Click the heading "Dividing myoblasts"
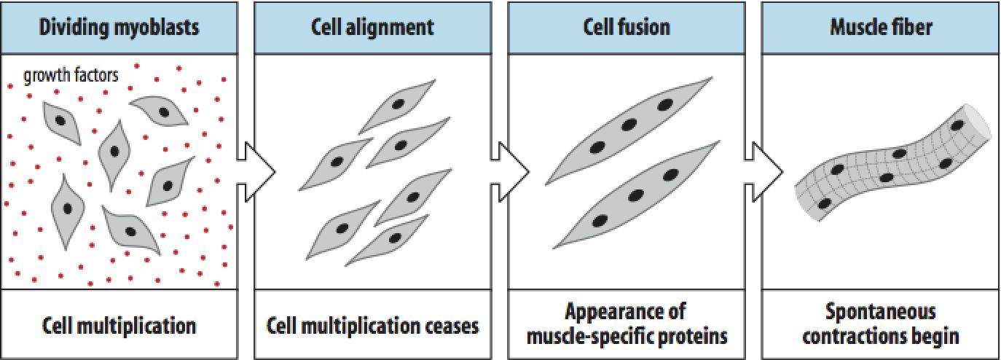coord(119,27)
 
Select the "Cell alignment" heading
coord(372,27)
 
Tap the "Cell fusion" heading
coord(627,27)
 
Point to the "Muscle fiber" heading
coord(881,27)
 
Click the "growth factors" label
coord(71,75)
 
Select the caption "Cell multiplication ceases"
coord(373,326)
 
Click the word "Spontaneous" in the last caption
coord(880,312)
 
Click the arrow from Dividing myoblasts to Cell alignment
coord(256,171)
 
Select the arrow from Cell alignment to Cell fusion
coord(510,171)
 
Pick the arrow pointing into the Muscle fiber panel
coord(763,171)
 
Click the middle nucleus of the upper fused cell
coord(629,125)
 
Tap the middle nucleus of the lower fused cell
coord(636,195)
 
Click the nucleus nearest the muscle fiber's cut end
coord(957,125)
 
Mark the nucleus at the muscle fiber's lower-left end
coord(825,203)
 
